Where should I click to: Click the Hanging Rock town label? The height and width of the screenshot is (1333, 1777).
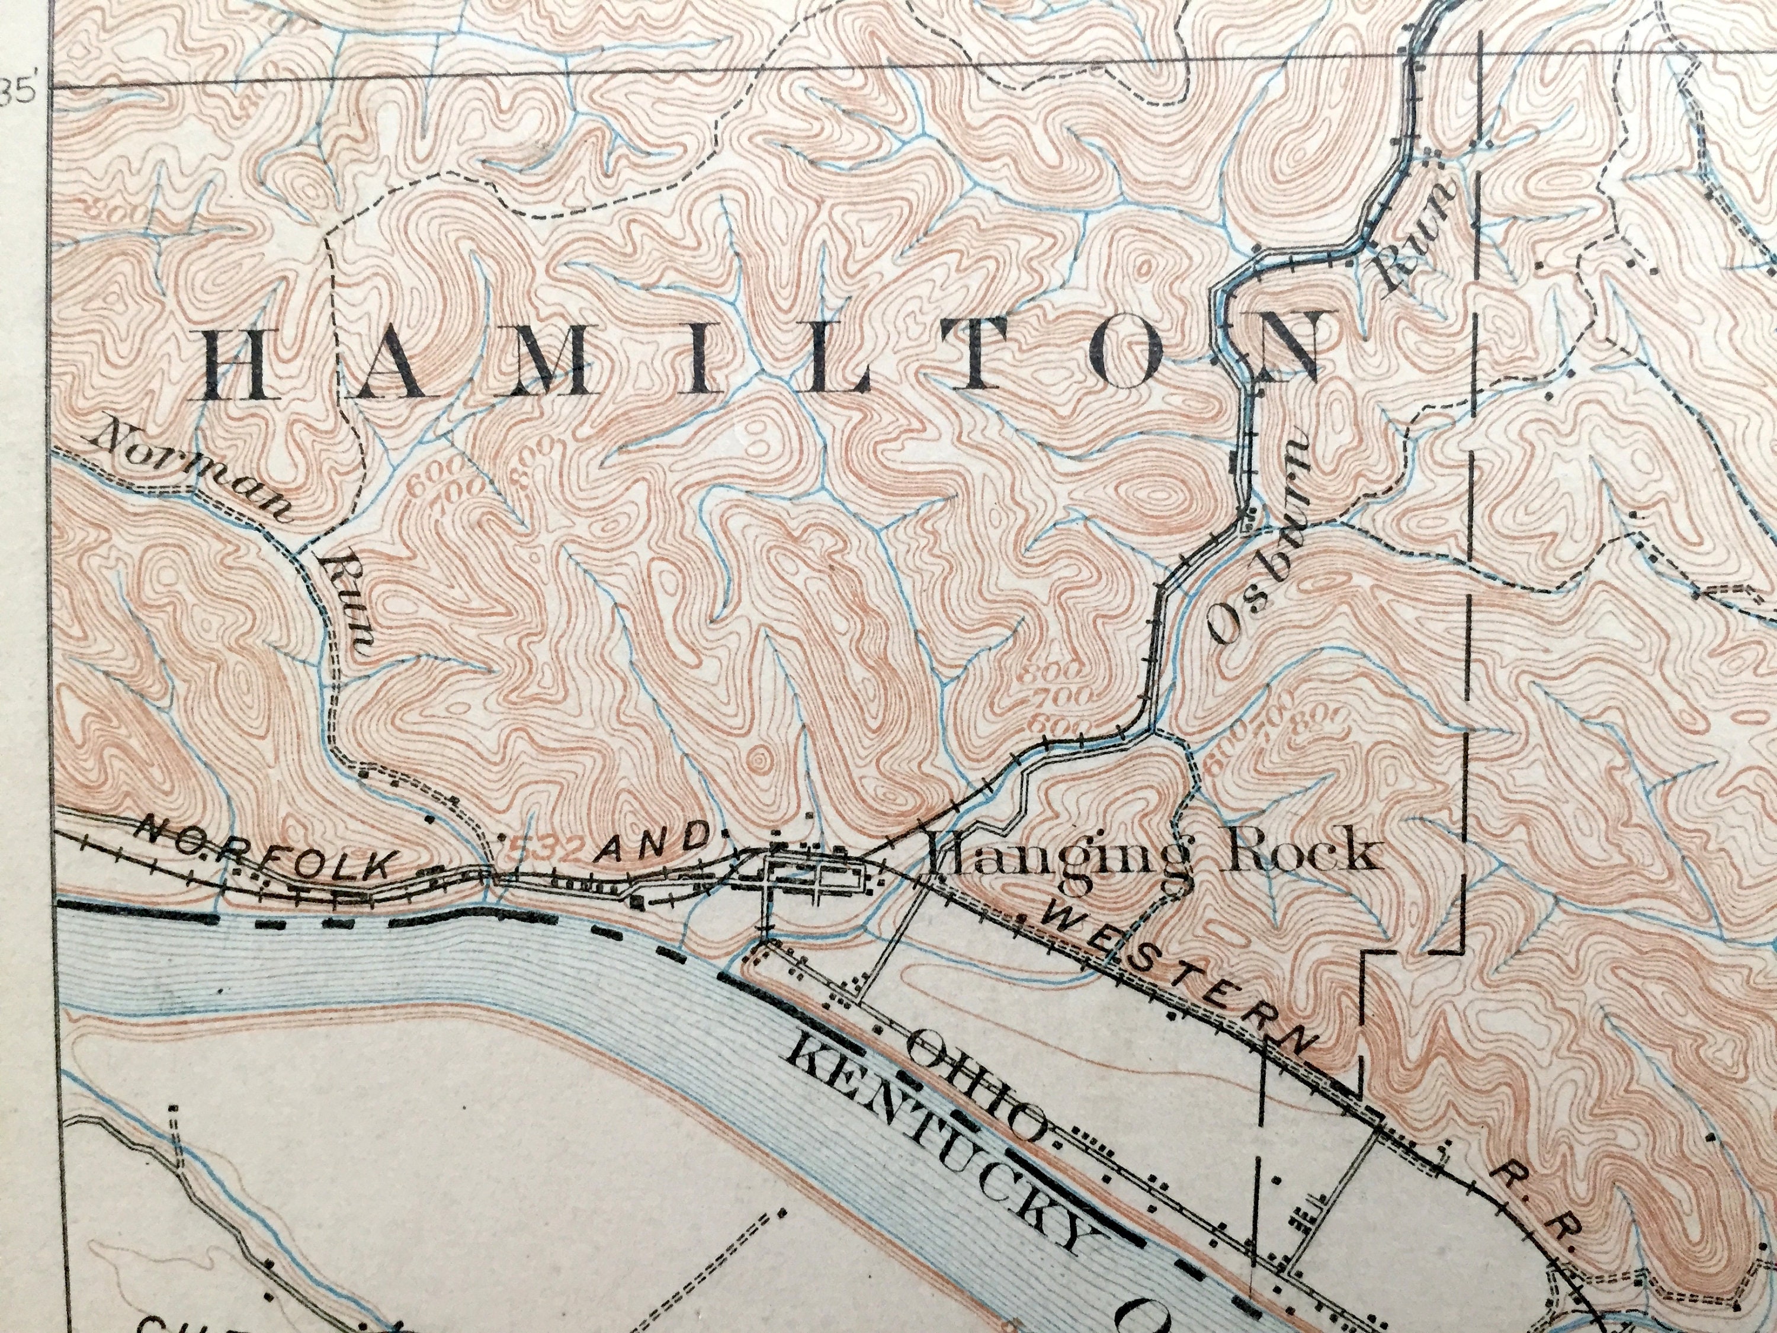pos(1153,855)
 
